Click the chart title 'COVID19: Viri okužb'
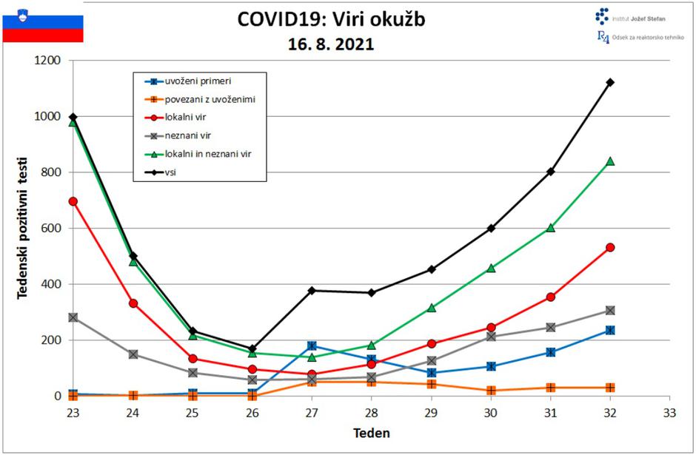tap(331, 19)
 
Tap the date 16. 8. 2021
tap(331, 44)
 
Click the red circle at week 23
tap(73, 201)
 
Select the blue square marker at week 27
tap(312, 346)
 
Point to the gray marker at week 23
tap(73, 317)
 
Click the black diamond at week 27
tap(312, 290)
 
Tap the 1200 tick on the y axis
tap(47, 61)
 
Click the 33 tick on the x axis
tap(669, 411)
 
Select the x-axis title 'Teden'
tap(371, 433)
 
